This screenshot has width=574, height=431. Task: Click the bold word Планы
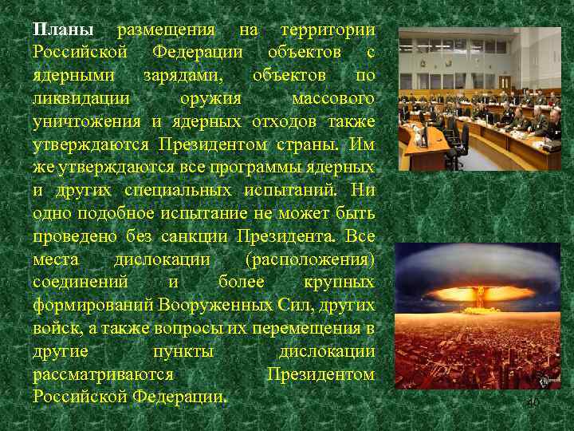click(63, 30)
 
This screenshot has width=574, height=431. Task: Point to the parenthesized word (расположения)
click(310, 260)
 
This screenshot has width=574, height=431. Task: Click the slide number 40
click(533, 404)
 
